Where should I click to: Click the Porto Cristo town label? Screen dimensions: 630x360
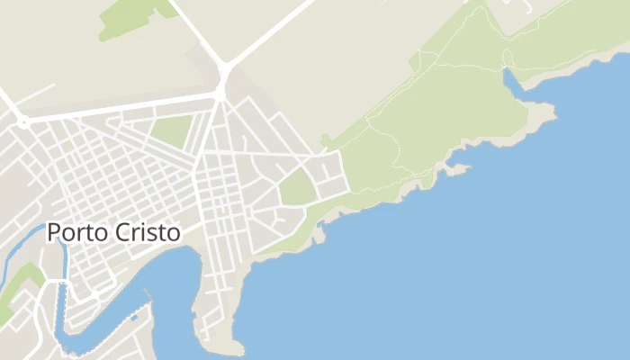113,232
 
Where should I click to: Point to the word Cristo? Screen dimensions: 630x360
148,232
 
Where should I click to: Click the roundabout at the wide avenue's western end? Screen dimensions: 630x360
24,120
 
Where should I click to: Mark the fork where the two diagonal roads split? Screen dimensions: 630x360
223,67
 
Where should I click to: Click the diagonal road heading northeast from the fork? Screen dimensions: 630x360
270,31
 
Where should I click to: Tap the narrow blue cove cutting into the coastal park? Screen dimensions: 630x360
511,82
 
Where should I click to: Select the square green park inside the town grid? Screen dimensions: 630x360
172,130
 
